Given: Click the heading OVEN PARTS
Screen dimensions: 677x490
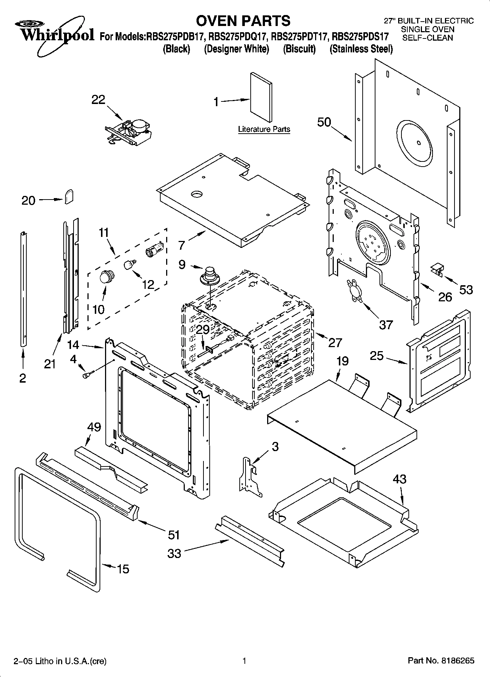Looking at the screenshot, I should click(243, 21).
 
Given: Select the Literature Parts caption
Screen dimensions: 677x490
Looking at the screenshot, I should click(264, 129).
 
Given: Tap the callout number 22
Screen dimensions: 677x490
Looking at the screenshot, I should click(98, 100).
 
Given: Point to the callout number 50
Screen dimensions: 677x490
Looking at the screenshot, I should click(324, 122).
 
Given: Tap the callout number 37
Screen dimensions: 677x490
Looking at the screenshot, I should click(386, 324).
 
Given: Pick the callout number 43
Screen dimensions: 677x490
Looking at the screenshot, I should click(400, 479).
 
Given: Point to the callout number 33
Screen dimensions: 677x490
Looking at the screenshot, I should click(174, 553).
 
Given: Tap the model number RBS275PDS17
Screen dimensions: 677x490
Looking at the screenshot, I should click(360, 37).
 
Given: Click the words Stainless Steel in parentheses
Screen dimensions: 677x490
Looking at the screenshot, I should click(361, 49).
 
